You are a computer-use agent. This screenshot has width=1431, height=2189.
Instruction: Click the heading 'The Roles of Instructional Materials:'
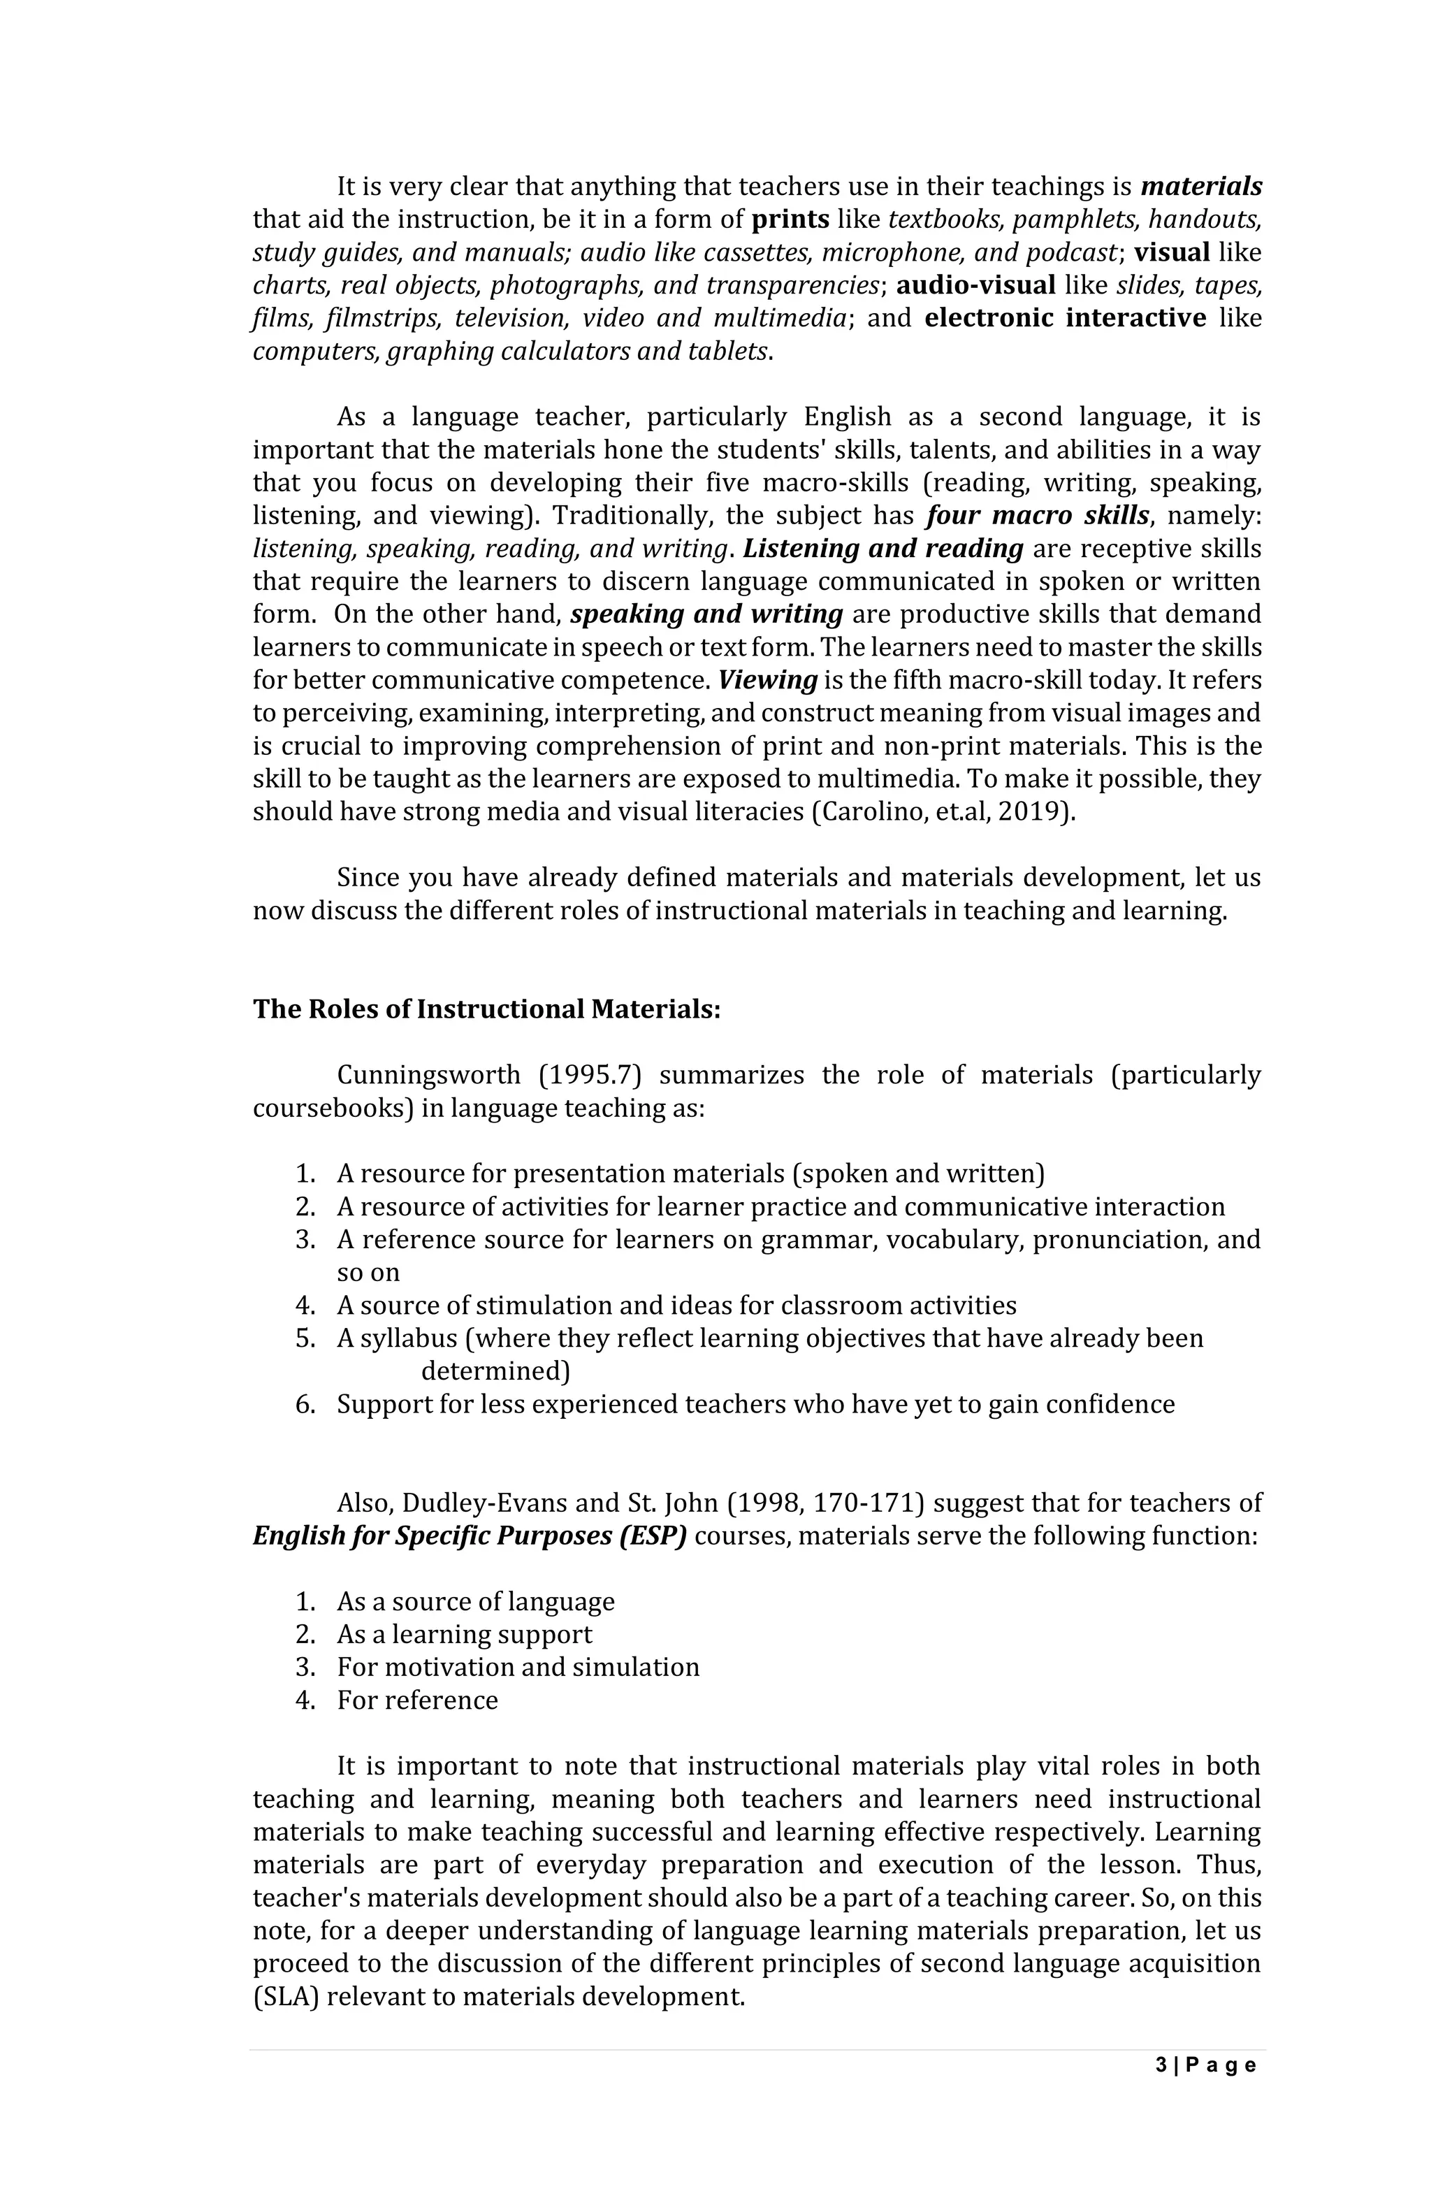point(486,1009)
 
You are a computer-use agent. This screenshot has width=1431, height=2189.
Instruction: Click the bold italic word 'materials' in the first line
point(1200,187)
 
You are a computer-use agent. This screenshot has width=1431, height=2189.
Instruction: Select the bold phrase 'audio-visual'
point(975,285)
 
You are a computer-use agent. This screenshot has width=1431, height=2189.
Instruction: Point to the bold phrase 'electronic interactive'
point(1065,318)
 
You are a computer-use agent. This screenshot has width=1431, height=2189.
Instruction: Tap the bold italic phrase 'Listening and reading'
point(882,548)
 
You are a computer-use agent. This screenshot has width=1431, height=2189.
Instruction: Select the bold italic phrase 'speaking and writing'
point(706,614)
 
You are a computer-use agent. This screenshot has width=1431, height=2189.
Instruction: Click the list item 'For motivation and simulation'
point(518,1668)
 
